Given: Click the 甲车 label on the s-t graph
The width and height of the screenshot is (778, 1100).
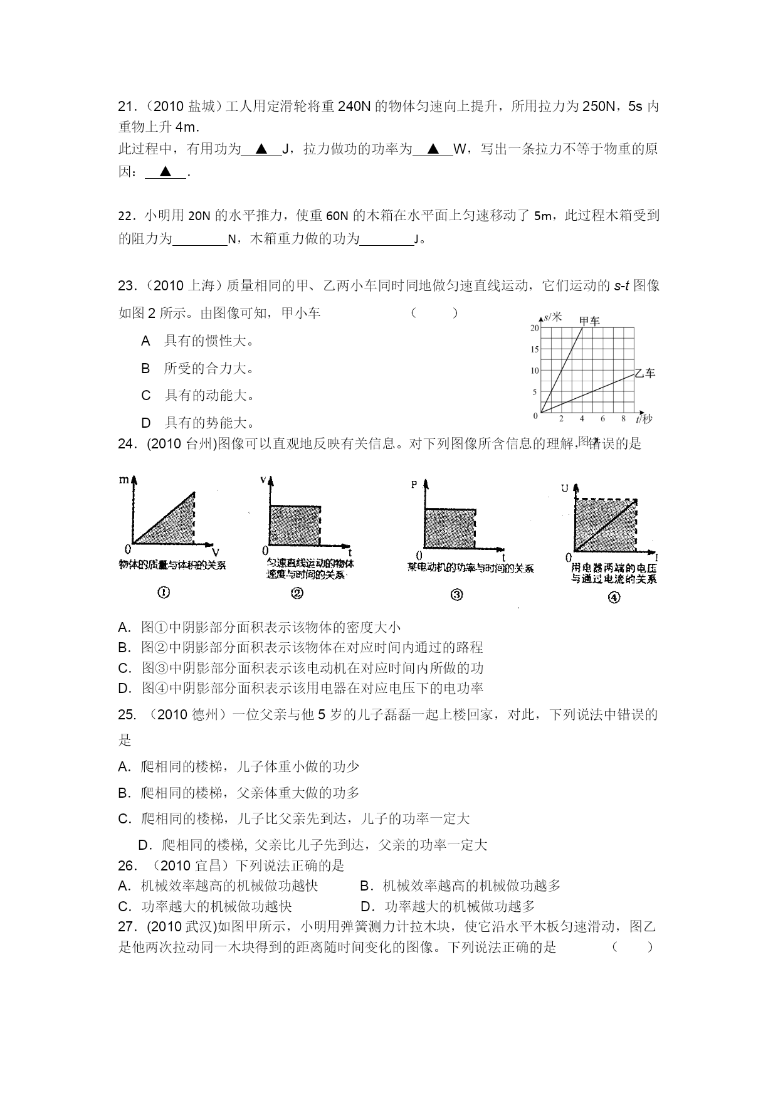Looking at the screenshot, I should click(589, 321).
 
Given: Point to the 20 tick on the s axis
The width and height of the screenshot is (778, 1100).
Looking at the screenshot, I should click(535, 328).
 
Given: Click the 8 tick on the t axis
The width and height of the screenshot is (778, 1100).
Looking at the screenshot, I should click(623, 419).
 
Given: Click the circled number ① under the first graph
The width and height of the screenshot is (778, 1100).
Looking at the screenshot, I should click(164, 592).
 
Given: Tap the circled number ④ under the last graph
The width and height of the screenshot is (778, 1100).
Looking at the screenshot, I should click(614, 597).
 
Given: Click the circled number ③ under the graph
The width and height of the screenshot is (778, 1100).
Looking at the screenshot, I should click(456, 595).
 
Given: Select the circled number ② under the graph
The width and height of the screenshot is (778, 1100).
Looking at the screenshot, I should click(297, 593).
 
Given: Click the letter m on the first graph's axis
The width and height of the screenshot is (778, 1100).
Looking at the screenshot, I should click(124, 480).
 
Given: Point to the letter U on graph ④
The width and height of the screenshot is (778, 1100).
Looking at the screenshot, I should click(565, 488).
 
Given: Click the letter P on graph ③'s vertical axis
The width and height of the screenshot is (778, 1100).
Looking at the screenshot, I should click(414, 485).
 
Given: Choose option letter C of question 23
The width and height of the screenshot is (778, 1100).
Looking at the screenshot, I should click(146, 396).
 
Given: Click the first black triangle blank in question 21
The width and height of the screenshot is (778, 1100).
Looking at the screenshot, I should click(261, 149).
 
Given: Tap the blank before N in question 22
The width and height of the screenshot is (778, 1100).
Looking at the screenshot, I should click(199, 239).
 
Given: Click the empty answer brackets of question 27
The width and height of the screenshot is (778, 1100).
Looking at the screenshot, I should click(633, 947).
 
